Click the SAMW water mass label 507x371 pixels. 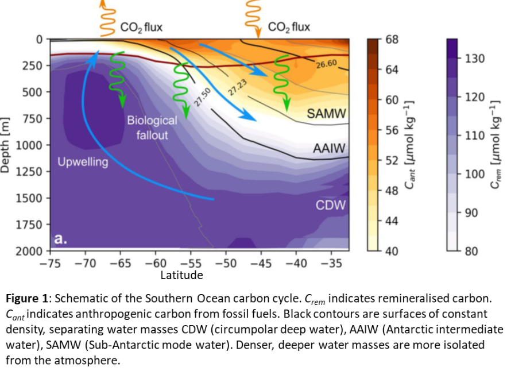(x=324, y=114)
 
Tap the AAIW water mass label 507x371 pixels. (x=328, y=148)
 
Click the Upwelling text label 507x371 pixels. (x=83, y=162)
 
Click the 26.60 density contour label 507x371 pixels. (x=326, y=64)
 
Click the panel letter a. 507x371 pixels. (x=59, y=238)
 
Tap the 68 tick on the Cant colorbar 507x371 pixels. (x=390, y=39)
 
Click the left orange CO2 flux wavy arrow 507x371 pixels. (x=105, y=17)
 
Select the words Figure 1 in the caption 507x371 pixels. (x=26, y=299)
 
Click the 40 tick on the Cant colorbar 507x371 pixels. (x=390, y=251)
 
